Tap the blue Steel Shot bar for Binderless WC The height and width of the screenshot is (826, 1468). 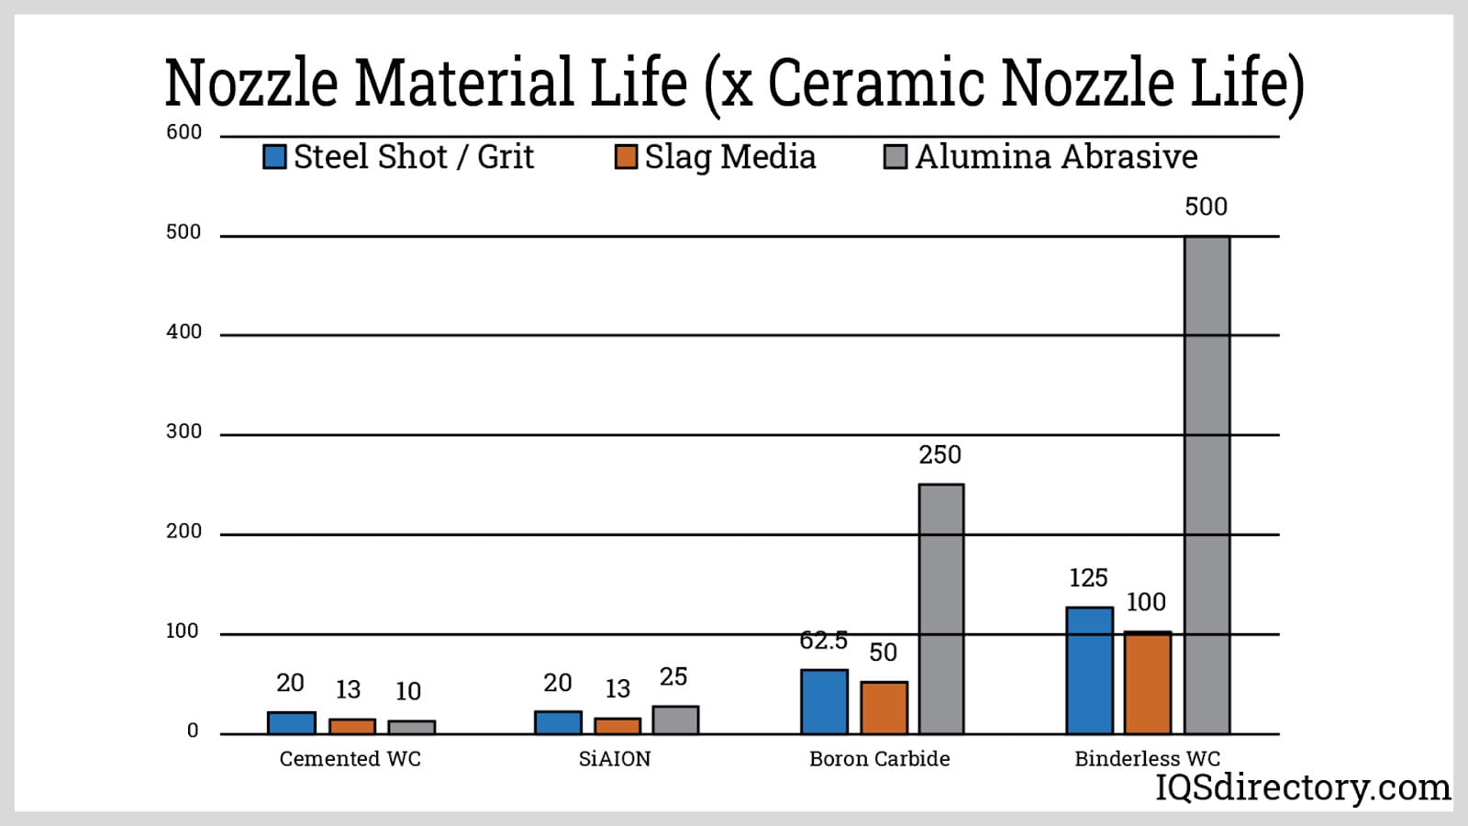pos(1089,670)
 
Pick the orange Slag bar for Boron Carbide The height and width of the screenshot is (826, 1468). pos(884,708)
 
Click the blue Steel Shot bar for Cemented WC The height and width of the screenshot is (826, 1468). pos(292,722)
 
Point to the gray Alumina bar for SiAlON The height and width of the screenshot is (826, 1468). pos(675,720)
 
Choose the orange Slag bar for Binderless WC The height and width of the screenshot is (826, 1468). pos(1148,683)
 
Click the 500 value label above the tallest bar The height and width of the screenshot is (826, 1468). pos(1206,206)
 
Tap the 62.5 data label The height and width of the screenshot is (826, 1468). pos(823,641)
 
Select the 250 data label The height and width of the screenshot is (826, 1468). pos(940,455)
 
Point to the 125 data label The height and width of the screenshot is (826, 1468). pos(1088,578)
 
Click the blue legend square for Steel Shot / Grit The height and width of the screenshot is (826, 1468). pos(274,157)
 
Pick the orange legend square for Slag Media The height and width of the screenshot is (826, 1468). pos(626,157)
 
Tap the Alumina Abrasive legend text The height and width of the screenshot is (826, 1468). pos(1056,157)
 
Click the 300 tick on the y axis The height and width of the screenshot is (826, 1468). pos(183,431)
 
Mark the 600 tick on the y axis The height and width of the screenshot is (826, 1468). pos(183,132)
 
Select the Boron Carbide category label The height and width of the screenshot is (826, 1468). pos(879,759)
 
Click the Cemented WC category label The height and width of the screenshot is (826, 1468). pos(350,759)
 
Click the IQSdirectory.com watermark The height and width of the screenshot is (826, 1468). pos(1302,787)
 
